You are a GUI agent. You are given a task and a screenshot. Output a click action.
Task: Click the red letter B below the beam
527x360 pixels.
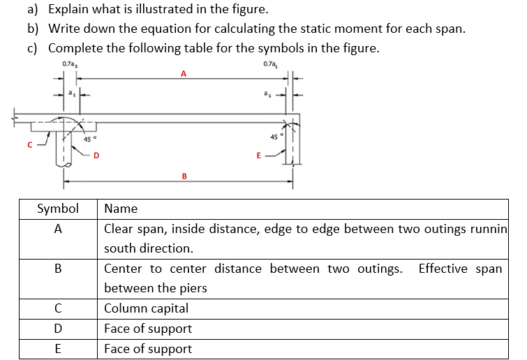(x=184, y=176)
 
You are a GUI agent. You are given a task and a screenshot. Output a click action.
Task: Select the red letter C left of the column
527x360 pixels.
(x=29, y=145)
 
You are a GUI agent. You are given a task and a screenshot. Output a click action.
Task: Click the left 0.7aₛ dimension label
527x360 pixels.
(x=69, y=64)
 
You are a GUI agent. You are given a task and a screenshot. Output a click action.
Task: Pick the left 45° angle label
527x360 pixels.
(x=89, y=139)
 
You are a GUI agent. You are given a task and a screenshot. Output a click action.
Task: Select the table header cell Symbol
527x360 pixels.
(x=57, y=209)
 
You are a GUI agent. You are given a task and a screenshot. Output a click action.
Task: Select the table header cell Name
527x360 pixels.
(x=121, y=209)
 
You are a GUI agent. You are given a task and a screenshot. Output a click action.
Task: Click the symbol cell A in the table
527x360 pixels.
(x=58, y=229)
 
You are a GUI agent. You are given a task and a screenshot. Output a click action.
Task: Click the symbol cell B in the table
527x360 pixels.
(x=58, y=269)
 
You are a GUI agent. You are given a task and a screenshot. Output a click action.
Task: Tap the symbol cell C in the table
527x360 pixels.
(x=58, y=308)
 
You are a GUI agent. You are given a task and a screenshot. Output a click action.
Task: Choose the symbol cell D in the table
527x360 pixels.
(x=58, y=329)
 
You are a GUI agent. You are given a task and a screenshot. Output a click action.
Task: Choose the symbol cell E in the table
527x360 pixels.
(x=58, y=349)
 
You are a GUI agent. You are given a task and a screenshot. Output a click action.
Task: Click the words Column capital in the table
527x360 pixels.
(x=146, y=308)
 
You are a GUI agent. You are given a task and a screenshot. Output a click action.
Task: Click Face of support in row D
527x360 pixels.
(x=147, y=329)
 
